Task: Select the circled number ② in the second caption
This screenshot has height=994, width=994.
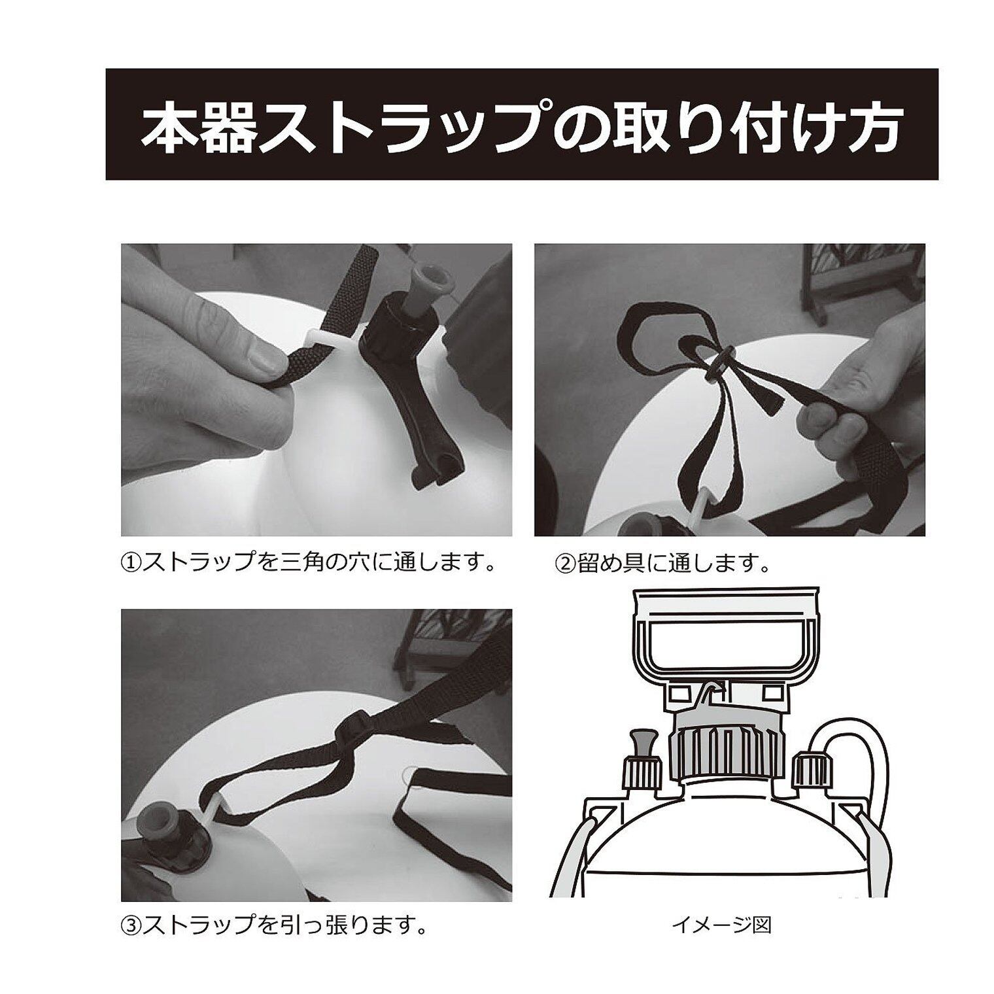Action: pyautogui.click(x=564, y=562)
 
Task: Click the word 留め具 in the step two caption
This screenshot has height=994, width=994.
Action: pyautogui.click(x=609, y=562)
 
